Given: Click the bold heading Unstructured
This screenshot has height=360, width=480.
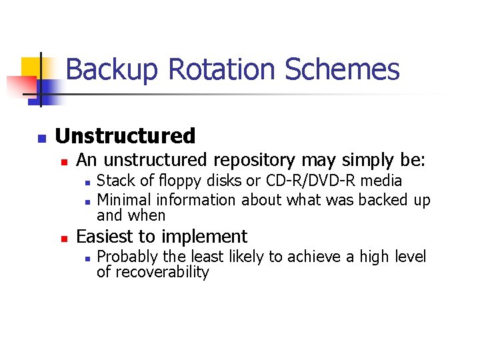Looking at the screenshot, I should pos(125,136).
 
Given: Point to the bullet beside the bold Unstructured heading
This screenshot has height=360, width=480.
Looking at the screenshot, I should pos(41,138).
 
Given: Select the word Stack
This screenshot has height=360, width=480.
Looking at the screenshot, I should pos(113,181).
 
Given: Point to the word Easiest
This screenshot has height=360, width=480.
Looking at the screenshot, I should pos(105,236).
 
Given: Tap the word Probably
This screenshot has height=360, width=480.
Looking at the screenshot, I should pos(127,257).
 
